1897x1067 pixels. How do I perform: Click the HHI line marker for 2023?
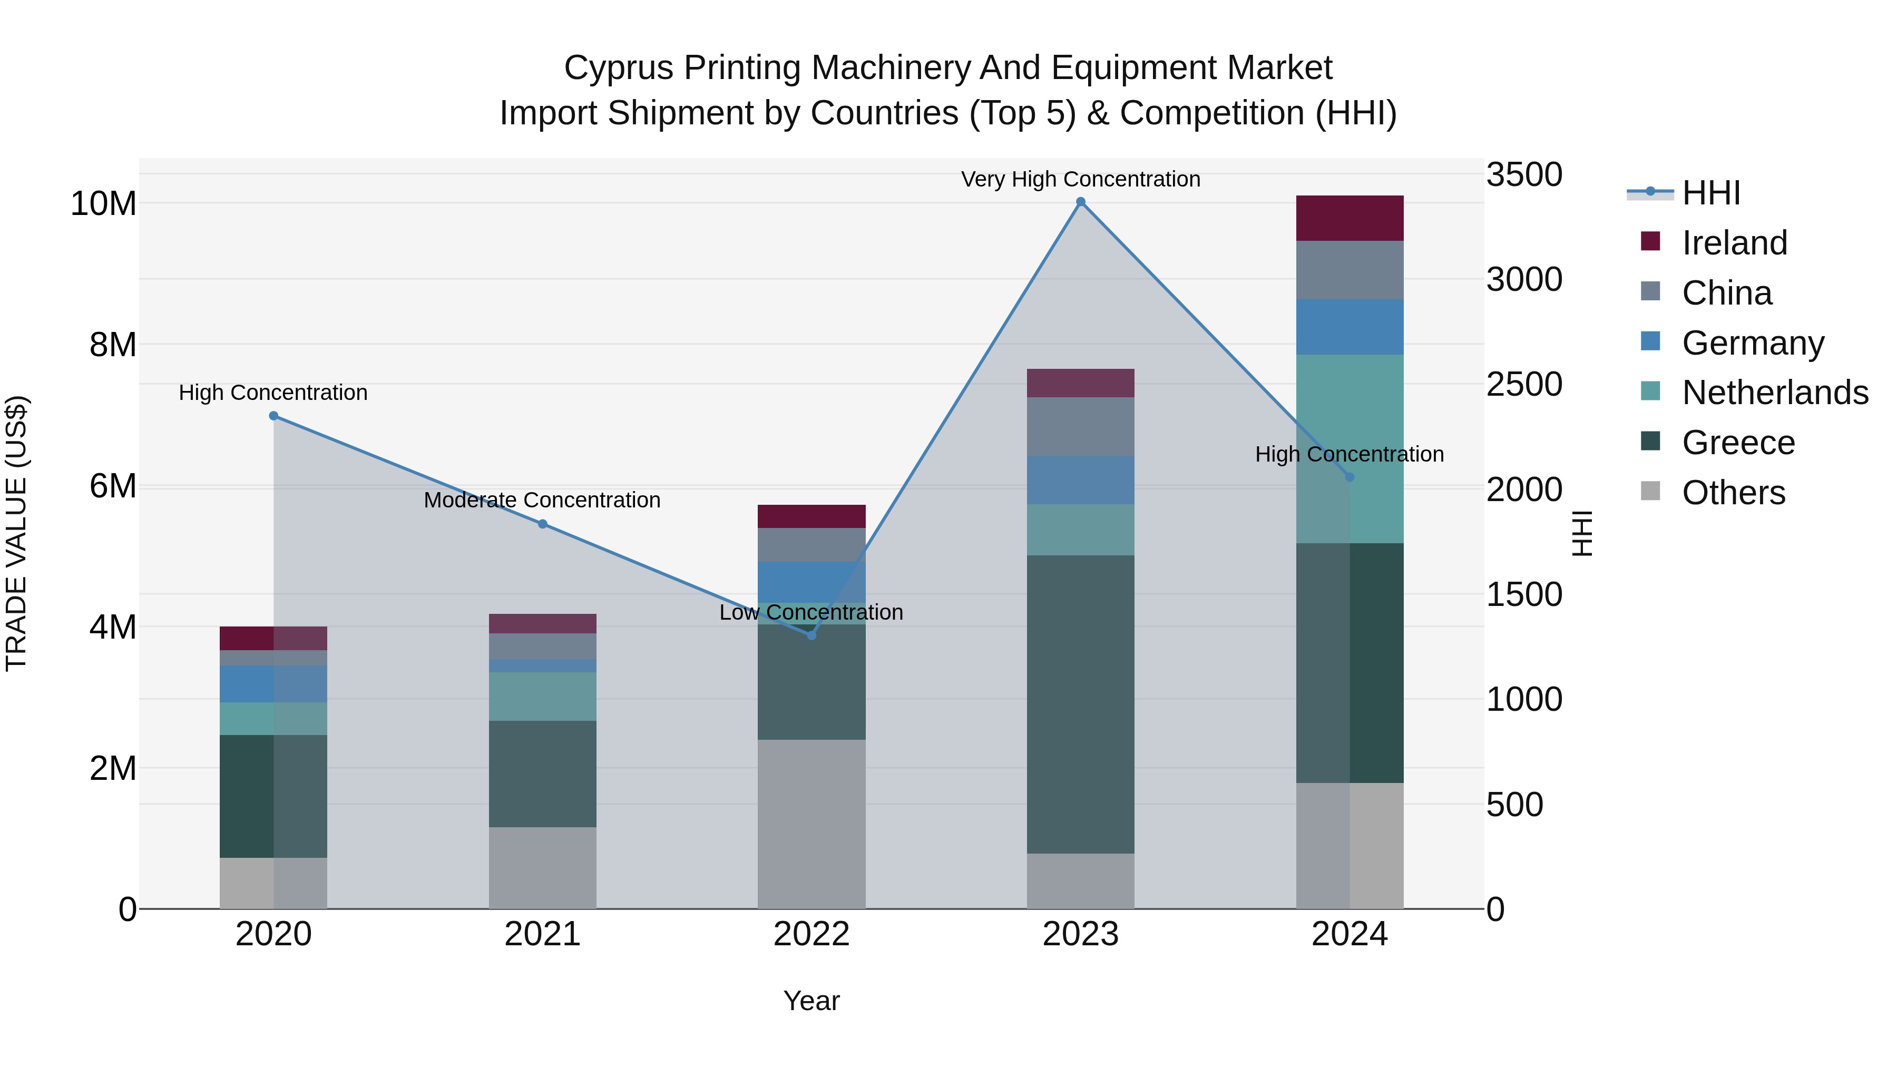pos(1080,202)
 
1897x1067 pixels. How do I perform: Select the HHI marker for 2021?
pos(543,524)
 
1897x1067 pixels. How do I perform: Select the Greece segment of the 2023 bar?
pos(1080,704)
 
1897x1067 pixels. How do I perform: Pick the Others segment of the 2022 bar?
pos(811,824)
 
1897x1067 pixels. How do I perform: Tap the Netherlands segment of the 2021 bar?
pos(543,697)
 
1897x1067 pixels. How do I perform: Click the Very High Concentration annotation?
pos(1080,180)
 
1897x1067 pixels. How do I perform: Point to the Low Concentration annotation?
pos(811,613)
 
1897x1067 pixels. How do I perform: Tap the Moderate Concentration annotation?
pos(542,501)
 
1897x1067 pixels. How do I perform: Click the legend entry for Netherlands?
pos(1775,393)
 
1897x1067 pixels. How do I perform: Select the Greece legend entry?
pos(1738,443)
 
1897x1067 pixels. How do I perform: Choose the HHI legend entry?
pos(1710,193)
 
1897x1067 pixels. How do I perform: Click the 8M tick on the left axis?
pos(113,345)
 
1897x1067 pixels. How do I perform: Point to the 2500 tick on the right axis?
pos(1523,385)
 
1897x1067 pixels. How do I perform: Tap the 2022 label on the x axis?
pos(811,934)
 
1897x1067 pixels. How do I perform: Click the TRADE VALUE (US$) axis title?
pos(17,533)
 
